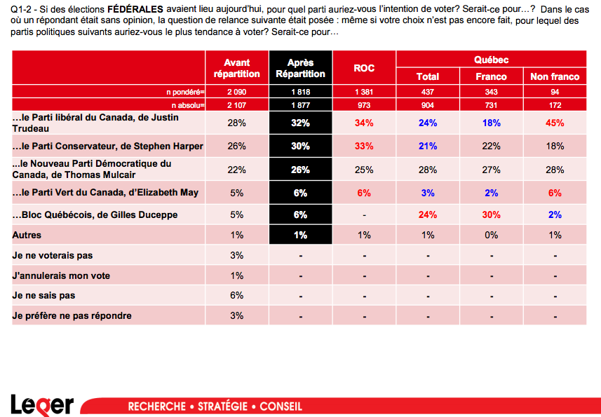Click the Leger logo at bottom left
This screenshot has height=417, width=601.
pyautogui.click(x=42, y=404)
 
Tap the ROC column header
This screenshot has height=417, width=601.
pyautogui.click(x=364, y=68)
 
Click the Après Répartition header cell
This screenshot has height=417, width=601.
pyautogui.click(x=300, y=68)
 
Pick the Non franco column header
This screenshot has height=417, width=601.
pyautogui.click(x=555, y=76)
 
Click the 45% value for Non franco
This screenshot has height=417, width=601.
pyautogui.click(x=555, y=123)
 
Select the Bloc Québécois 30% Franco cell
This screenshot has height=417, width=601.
pyautogui.click(x=491, y=215)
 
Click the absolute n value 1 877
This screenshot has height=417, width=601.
pyautogui.click(x=300, y=105)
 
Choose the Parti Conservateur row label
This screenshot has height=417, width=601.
pyautogui.click(x=108, y=146)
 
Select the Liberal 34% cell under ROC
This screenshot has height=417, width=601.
pyautogui.click(x=364, y=123)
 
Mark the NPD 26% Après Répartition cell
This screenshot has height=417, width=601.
pyautogui.click(x=300, y=170)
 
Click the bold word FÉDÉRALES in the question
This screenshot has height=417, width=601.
pyautogui.click(x=134, y=10)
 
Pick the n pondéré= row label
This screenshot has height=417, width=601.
pyautogui.click(x=184, y=92)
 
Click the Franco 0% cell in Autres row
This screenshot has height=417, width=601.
pyautogui.click(x=491, y=235)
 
